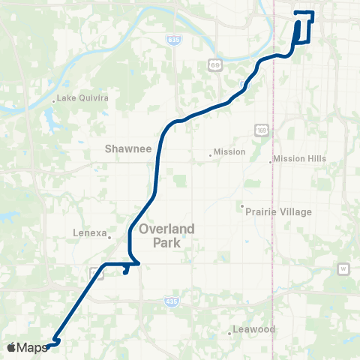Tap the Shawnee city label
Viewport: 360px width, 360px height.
[129, 148]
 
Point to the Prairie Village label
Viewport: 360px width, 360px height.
[278, 212]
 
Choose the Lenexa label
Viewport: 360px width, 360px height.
[90, 232]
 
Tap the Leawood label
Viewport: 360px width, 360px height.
[254, 329]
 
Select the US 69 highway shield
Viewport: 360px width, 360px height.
[215, 66]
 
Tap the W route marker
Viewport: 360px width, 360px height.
[343, 268]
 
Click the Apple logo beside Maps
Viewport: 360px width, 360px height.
[11, 347]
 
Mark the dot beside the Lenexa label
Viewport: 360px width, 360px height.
[109, 237]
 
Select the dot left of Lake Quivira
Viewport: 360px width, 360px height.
[54, 100]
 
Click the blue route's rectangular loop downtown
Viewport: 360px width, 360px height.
[304, 28]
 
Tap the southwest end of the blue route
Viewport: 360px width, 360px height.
[47, 346]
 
